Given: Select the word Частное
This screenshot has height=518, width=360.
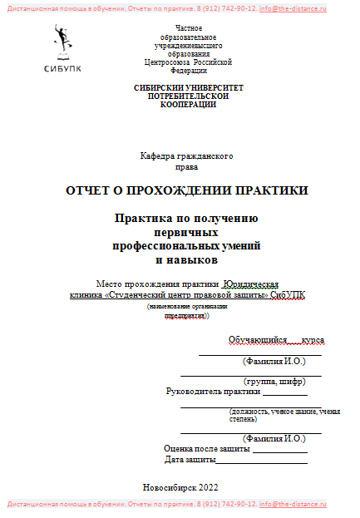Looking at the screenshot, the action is [185, 29].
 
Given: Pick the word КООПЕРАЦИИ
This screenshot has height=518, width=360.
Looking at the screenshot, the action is [188, 105].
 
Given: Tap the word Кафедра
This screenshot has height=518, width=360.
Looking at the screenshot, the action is [161, 156].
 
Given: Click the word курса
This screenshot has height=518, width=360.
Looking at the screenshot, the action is [313, 341].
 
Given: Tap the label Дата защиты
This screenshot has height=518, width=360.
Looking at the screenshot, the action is [190, 459].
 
